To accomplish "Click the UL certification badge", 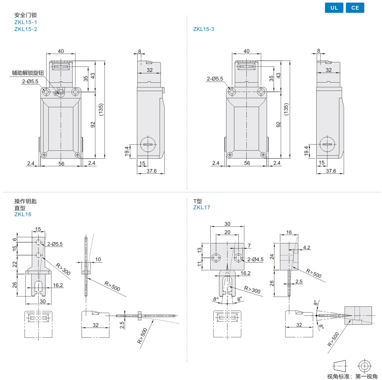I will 334,8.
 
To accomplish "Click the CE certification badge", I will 355,8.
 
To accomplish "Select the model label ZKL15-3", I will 204,29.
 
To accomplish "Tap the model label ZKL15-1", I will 26,22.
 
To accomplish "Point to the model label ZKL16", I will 23,214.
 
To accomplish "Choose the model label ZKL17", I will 202,208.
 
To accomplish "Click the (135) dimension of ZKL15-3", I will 286,109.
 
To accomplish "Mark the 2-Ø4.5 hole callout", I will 255,260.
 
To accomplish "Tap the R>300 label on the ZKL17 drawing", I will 252,289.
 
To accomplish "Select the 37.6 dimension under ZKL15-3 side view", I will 331,171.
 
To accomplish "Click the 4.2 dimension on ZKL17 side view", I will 307,247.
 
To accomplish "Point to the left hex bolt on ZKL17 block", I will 216,257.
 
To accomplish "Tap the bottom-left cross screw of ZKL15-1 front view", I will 44,155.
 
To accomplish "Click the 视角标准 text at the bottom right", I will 339,377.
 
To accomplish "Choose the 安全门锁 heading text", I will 25,15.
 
